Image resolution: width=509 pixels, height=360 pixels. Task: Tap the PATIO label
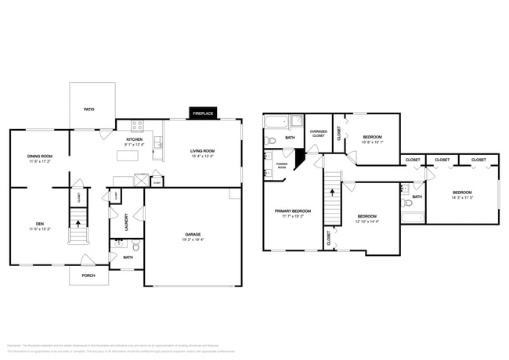89,109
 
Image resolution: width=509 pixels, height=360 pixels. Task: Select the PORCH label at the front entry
89,275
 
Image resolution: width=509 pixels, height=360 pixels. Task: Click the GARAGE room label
193,234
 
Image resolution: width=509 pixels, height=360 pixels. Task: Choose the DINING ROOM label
40,157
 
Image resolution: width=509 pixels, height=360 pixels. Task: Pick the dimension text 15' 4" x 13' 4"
202,156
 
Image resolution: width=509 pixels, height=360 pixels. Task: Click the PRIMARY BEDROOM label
292,211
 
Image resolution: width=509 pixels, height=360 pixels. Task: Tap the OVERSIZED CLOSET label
318,134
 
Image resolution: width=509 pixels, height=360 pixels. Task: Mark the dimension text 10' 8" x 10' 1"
371,142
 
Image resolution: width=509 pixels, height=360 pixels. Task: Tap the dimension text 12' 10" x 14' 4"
367,221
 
